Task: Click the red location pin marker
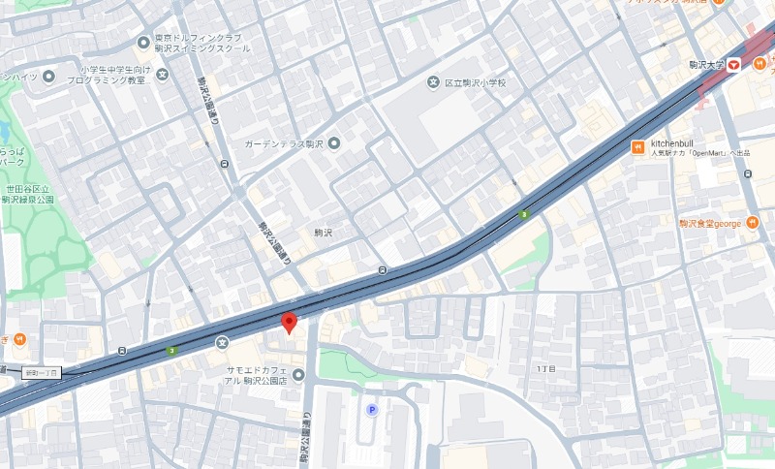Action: [288, 323]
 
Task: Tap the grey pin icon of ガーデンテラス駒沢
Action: [334, 144]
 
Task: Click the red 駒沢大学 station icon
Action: [733, 64]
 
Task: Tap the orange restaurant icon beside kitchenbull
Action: [637, 147]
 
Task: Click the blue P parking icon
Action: [371, 410]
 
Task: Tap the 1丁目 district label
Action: [544, 370]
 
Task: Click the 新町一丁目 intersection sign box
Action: [43, 372]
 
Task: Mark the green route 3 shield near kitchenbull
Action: [524, 214]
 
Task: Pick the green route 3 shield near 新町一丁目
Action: [171, 350]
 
